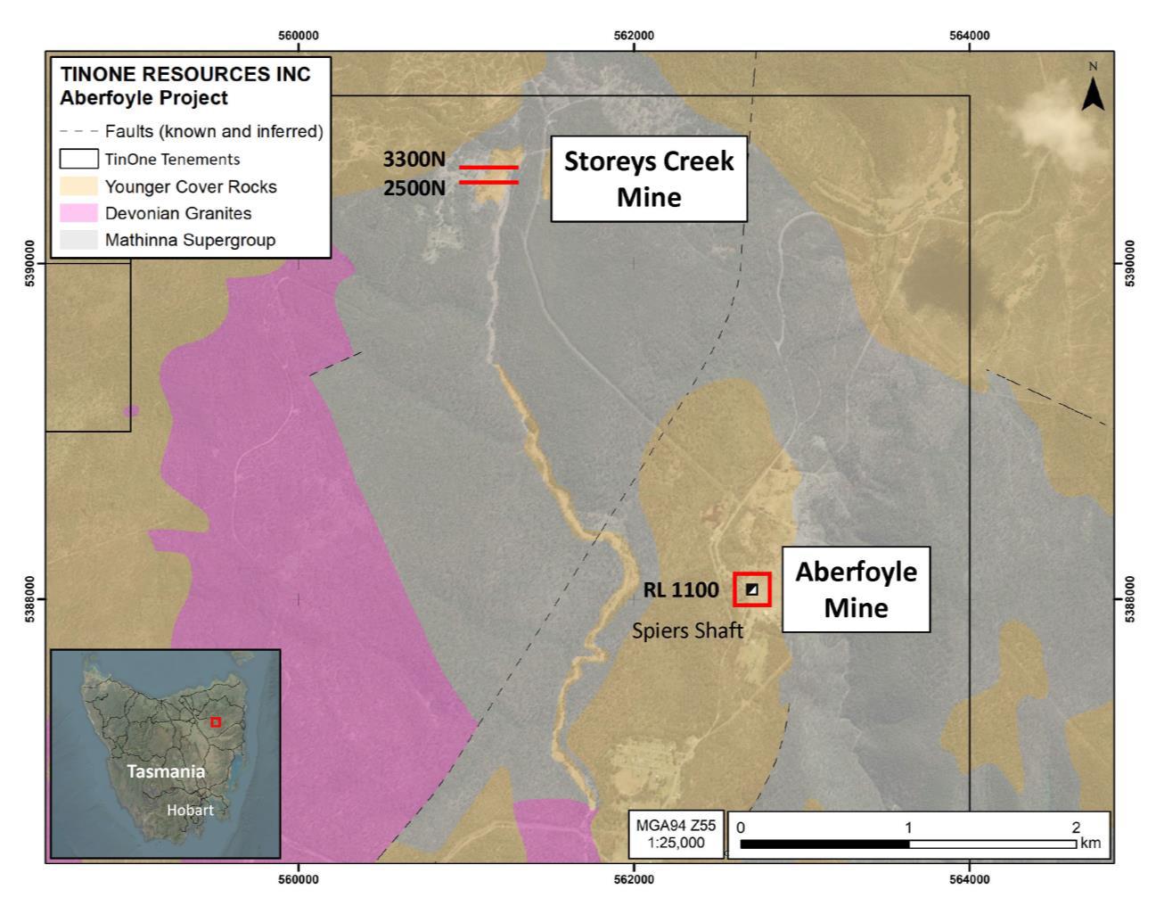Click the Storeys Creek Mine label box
(x=648, y=178)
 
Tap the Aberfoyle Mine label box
(x=856, y=589)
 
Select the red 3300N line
(x=488, y=167)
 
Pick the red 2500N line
(x=488, y=183)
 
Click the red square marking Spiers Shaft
(x=752, y=589)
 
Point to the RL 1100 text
(x=681, y=589)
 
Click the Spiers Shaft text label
(x=687, y=630)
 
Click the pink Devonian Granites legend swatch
(x=78, y=213)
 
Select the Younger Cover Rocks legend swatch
(x=78, y=186)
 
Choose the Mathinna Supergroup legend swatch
(x=78, y=240)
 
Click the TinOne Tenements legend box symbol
(x=78, y=160)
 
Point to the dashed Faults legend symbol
(x=78, y=131)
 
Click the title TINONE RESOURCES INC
(x=185, y=74)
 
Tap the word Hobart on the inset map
(x=190, y=810)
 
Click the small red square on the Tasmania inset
(x=215, y=721)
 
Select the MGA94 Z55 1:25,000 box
(x=675, y=834)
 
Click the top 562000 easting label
(x=634, y=36)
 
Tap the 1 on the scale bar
(x=908, y=828)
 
